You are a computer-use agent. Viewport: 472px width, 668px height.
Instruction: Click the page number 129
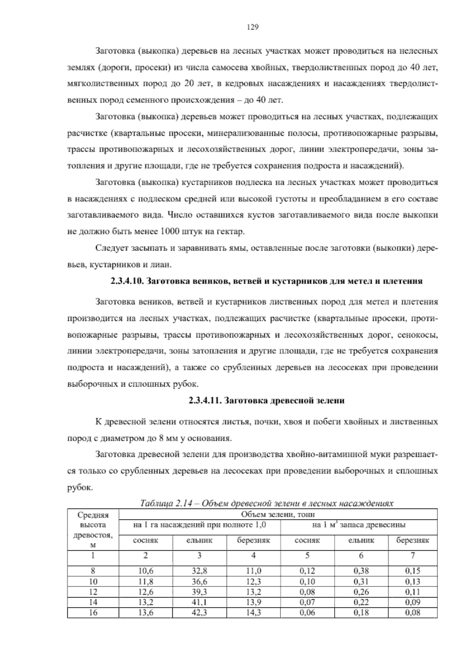tap(252, 27)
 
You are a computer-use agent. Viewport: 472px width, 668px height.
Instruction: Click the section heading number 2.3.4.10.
tap(127, 281)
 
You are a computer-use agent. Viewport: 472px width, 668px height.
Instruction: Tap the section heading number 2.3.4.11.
tap(205, 401)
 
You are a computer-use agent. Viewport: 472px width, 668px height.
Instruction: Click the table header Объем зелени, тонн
tap(278, 514)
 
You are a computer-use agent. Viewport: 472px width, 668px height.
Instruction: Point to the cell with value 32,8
tap(199, 571)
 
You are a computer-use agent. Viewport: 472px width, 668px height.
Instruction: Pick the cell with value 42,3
tap(199, 612)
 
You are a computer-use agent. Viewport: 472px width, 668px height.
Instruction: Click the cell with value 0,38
tap(361, 571)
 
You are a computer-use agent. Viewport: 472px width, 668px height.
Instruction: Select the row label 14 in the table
tap(93, 602)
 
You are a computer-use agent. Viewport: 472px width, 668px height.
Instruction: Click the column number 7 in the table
tap(412, 556)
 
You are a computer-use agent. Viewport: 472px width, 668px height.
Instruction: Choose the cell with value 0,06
tap(307, 612)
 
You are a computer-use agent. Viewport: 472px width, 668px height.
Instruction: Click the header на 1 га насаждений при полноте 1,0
tap(200, 525)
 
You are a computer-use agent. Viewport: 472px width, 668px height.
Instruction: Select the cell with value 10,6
tap(146, 571)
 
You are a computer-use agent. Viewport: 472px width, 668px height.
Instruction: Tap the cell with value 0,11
tap(412, 592)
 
